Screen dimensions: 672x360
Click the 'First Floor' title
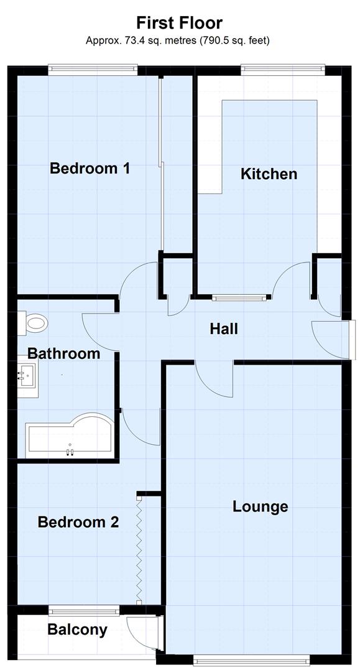tap(180, 23)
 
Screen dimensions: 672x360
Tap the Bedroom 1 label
tap(90, 168)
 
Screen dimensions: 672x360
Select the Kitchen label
tap(269, 174)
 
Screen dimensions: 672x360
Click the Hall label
tap(223, 329)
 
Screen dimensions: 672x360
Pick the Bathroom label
tap(63, 353)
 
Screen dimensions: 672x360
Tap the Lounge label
tap(260, 506)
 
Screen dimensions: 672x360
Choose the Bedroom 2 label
tap(78, 521)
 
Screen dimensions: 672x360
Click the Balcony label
tap(77, 630)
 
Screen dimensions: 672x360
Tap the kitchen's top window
tap(283, 69)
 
